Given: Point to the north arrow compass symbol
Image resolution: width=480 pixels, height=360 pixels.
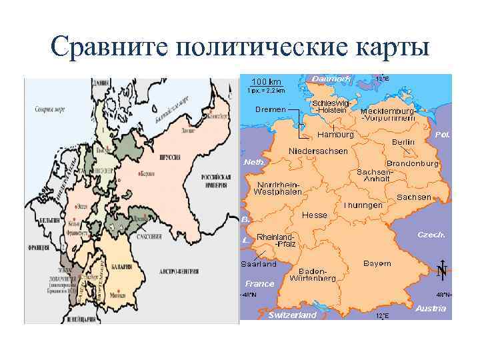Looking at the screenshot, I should (441, 269).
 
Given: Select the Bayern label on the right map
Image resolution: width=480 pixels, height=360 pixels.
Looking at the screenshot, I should (377, 263).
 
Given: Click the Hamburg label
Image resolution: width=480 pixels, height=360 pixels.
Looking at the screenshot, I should (335, 135).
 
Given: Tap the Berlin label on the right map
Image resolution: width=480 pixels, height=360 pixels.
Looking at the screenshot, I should (403, 142).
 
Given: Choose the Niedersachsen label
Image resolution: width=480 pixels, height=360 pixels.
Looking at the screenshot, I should (318, 151).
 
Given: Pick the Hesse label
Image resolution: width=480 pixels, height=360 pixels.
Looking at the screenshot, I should (315, 215).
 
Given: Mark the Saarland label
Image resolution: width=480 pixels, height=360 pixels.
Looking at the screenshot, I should (259, 264).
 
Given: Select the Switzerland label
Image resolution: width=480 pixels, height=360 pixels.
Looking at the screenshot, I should (292, 315).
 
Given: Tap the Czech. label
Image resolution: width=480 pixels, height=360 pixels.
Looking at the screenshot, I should (431, 235).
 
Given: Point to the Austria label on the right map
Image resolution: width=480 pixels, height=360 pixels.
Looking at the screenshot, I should (431, 308).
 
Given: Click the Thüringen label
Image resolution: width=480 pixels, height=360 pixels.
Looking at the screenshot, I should (363, 206).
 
